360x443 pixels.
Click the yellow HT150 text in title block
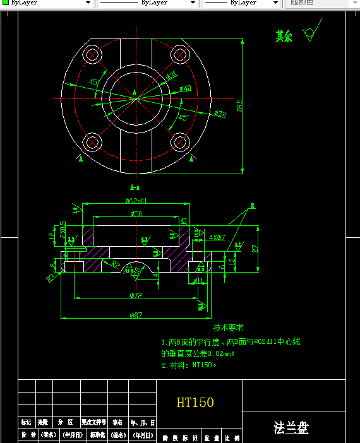195,402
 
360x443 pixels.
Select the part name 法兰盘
291,428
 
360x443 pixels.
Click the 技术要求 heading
228,328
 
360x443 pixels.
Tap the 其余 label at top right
284,37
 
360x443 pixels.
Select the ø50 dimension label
136,215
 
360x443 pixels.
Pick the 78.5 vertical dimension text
240,105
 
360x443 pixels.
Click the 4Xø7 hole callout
217,237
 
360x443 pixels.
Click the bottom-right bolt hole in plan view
180,140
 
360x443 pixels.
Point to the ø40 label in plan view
185,88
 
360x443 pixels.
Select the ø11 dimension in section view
197,280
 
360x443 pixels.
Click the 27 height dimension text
255,249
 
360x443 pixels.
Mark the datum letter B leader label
253,206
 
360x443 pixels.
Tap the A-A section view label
135,187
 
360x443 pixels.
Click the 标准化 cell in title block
97,435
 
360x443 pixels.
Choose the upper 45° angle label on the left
93,82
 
